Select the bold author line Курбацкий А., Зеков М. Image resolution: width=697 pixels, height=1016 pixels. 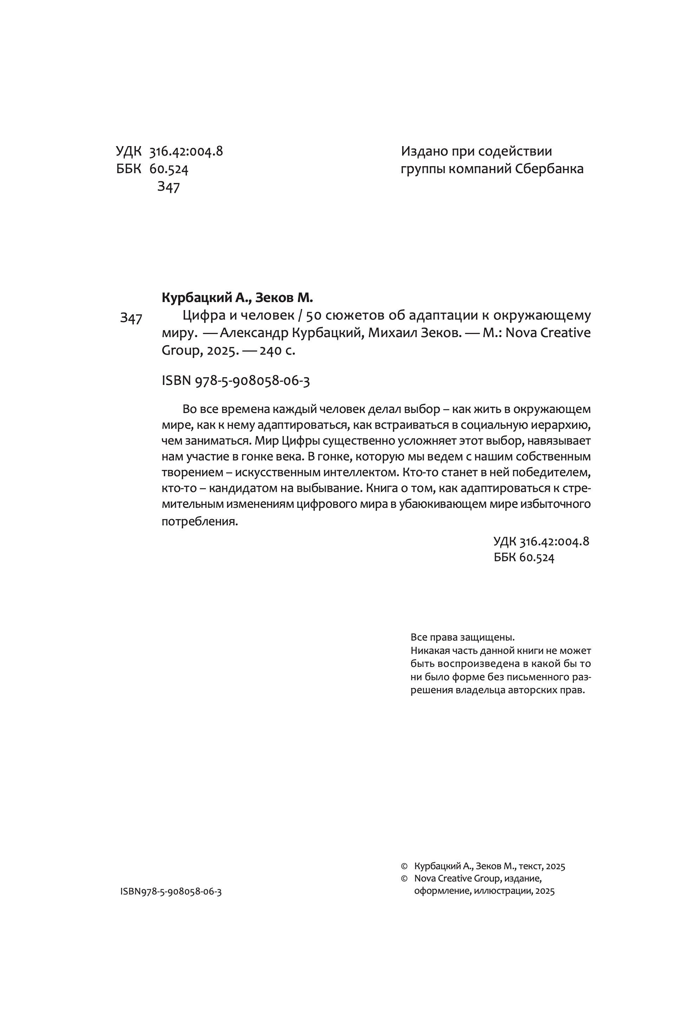237,298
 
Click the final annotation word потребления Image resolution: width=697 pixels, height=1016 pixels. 200,522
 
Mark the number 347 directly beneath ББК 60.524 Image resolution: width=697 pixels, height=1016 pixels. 168,187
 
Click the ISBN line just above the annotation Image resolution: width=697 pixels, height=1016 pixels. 236,381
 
